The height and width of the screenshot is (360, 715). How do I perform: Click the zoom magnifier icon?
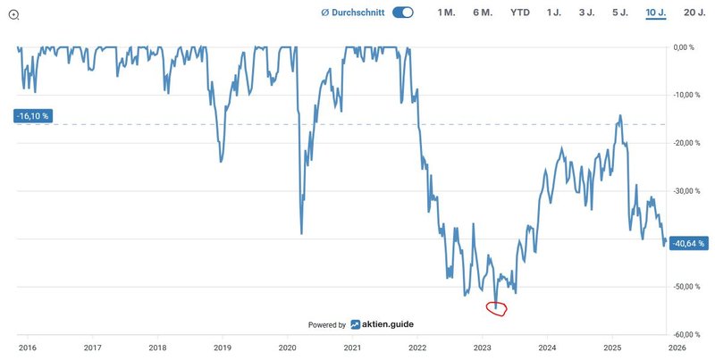tap(13, 13)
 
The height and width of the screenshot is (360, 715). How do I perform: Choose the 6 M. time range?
tap(483, 13)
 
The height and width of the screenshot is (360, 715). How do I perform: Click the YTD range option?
tap(520, 13)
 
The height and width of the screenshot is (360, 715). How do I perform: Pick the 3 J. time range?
tap(587, 13)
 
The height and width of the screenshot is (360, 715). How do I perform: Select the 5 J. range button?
tap(620, 13)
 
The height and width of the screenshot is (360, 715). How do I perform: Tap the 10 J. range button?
tap(655, 13)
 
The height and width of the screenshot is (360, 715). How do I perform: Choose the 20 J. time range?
tap(694, 13)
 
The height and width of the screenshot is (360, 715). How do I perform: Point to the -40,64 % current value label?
tap(690, 243)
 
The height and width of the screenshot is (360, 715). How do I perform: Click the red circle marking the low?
tap(497, 308)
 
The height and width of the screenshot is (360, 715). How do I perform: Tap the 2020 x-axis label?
tap(288, 347)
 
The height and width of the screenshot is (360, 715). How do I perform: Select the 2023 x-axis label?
tap(483, 347)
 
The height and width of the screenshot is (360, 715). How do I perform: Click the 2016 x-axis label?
tap(28, 347)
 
